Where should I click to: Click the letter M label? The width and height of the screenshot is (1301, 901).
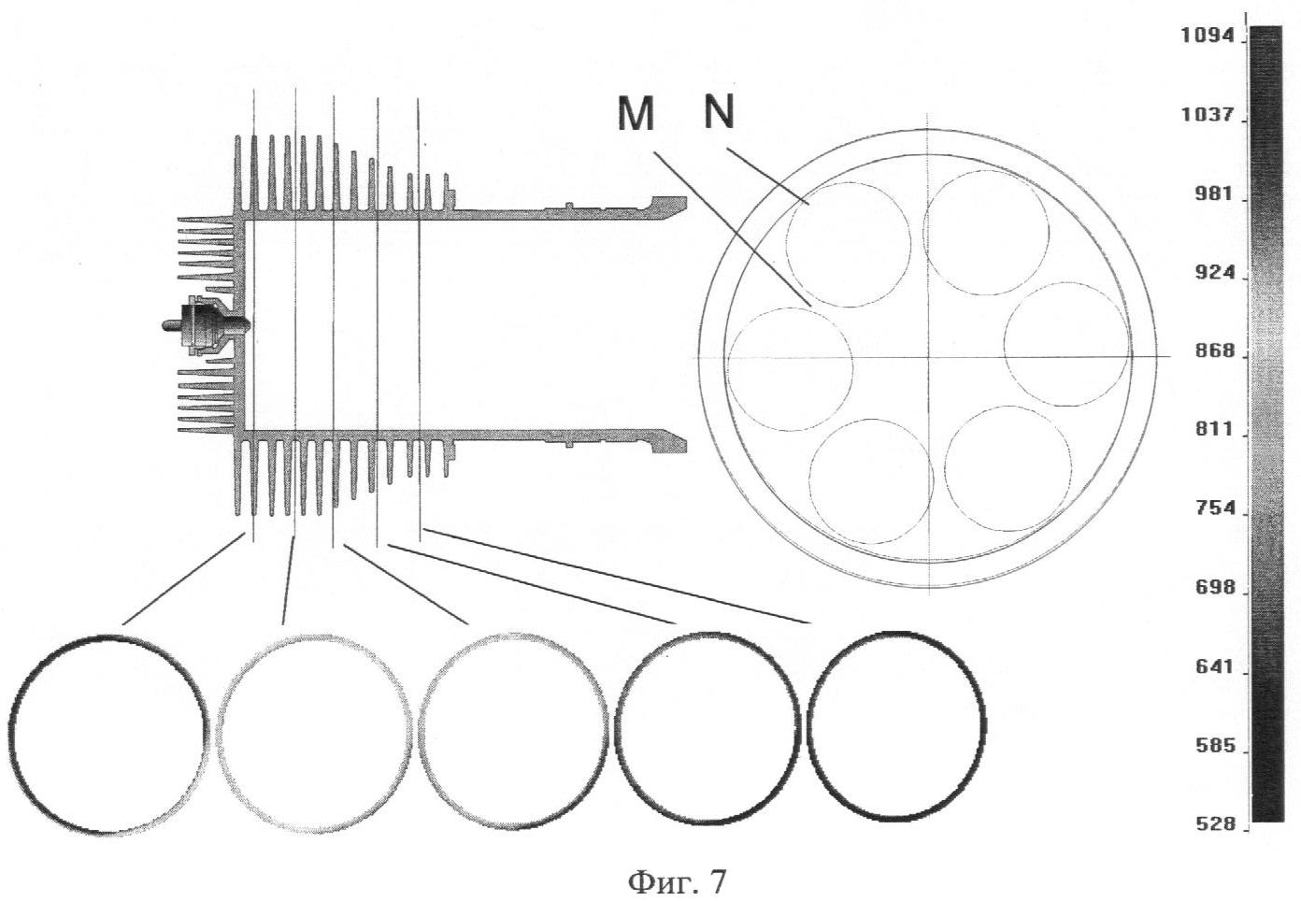tap(636, 115)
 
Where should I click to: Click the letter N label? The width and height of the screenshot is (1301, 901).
tap(719, 112)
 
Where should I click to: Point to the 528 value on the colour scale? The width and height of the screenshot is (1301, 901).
tap(1212, 825)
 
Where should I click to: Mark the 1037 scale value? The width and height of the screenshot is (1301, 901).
tap(1208, 115)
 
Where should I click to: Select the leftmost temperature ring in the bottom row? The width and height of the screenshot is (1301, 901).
tap(107, 734)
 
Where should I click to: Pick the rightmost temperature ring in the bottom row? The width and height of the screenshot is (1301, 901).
tap(895, 726)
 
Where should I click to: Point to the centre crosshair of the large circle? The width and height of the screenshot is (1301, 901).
tap(929, 356)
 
